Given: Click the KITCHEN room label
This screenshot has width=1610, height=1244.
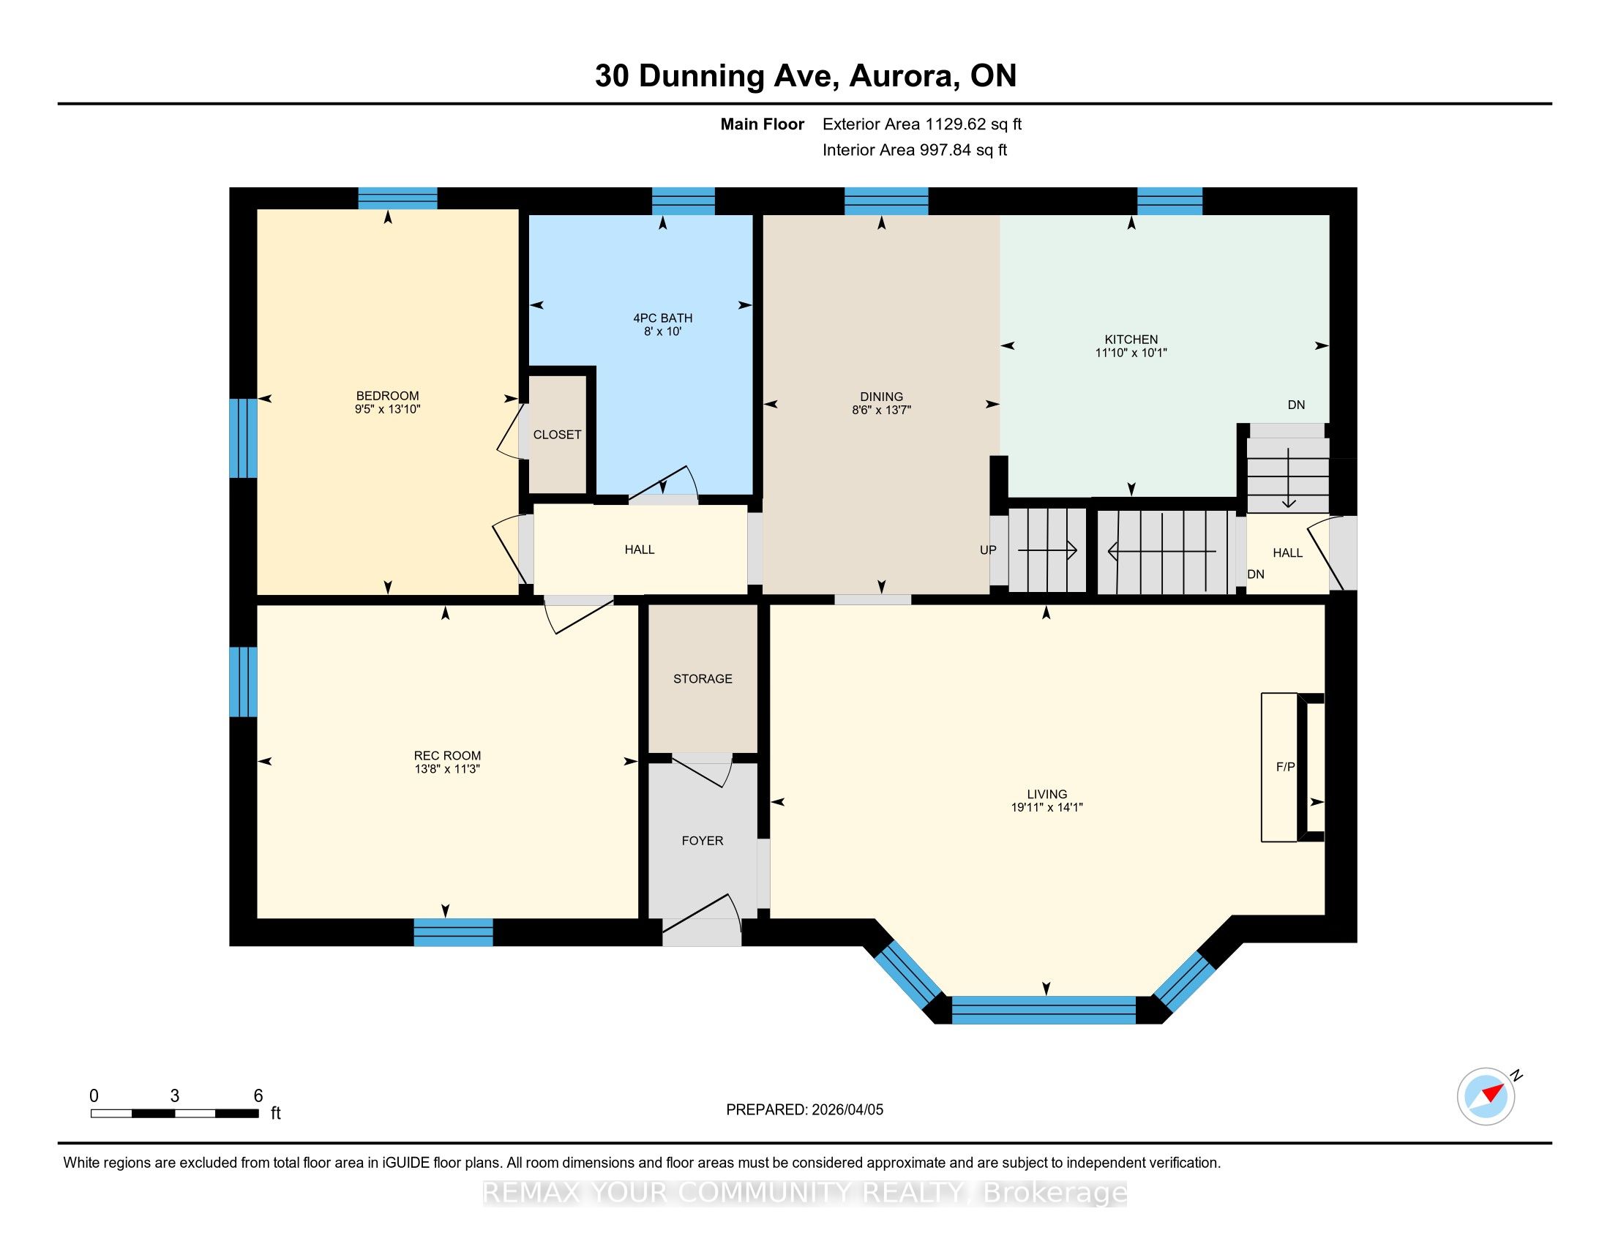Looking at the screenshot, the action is (1131, 339).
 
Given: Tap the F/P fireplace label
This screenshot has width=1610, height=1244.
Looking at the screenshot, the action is (1286, 766).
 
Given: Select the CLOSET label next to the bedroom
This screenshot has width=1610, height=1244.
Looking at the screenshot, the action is (558, 435).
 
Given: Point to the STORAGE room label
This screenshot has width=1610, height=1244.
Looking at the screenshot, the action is (703, 679).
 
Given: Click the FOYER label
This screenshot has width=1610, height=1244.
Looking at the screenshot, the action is (703, 840).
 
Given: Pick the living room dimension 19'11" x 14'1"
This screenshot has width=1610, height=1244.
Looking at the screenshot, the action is (1046, 807).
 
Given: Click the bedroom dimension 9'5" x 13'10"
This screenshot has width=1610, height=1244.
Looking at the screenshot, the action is (388, 409).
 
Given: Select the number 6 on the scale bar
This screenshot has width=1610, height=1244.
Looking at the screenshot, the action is (258, 1096).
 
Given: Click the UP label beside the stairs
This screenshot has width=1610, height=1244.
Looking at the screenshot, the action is (988, 550).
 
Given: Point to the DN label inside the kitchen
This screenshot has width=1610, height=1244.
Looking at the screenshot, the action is (1296, 405).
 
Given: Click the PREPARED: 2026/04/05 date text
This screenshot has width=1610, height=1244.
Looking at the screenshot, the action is (804, 1110).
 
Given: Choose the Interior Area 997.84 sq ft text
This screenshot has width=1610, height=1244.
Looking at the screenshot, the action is (915, 150).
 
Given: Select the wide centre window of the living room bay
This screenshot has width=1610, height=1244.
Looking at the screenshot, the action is (1044, 1010).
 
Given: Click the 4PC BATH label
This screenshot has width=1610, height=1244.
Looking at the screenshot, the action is (663, 318).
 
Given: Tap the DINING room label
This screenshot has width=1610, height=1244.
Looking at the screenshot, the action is (881, 397).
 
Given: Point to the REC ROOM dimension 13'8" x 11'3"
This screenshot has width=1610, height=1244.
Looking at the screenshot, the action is (447, 768).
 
